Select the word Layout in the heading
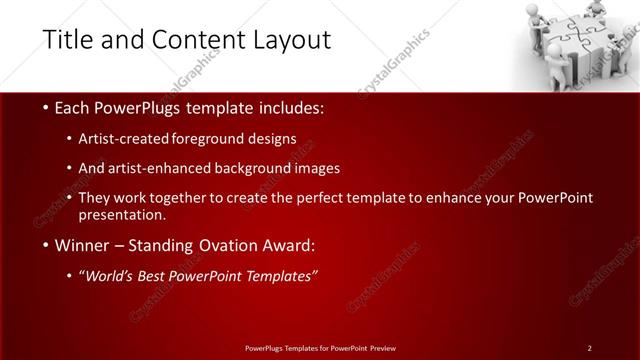[290, 40]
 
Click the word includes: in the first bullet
[291, 108]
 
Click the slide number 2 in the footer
[589, 347]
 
